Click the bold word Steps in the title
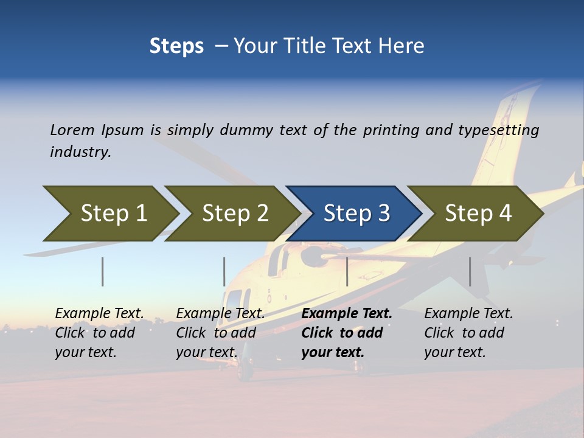(176, 46)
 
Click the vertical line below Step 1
(103, 271)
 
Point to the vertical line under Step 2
(224, 271)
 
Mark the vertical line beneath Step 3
(347, 271)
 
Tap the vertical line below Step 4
(470, 271)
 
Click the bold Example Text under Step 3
(347, 314)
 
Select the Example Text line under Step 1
(100, 314)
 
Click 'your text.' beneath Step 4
(455, 352)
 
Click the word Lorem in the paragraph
(72, 130)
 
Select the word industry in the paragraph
(80, 151)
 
